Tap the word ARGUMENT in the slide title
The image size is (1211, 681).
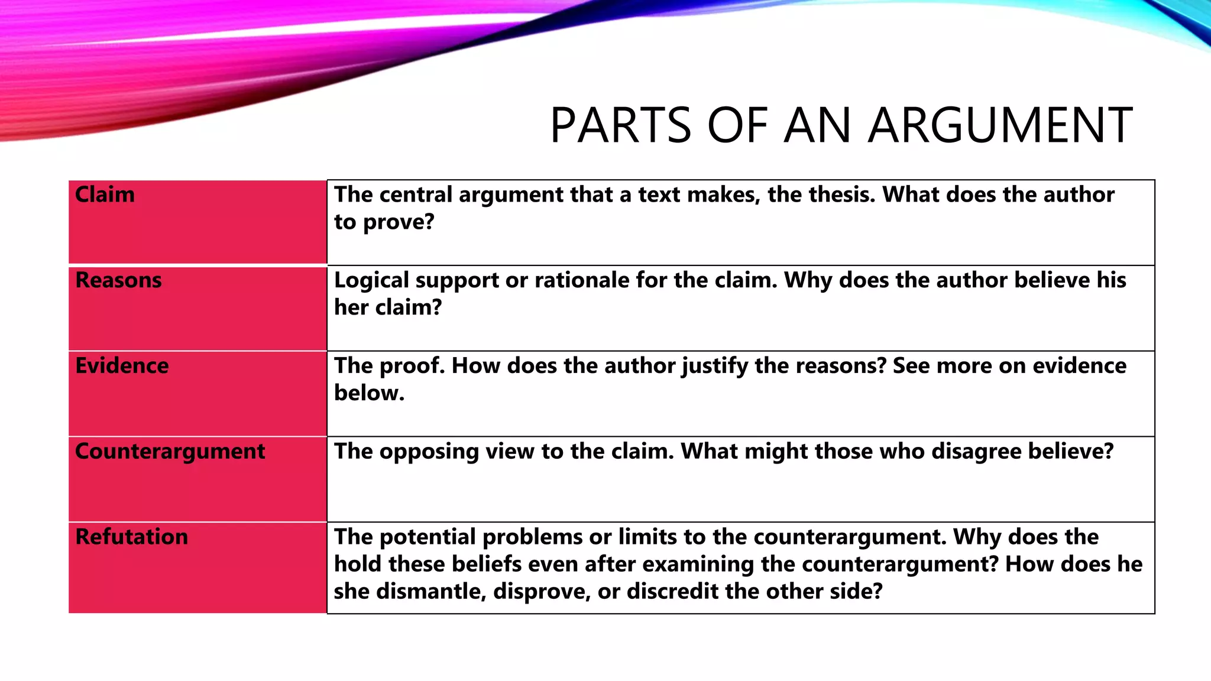1000,125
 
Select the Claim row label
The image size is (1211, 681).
105,194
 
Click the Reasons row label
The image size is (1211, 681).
118,280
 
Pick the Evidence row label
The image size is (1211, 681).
122,366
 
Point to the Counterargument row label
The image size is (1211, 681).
170,452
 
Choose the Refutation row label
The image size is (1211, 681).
131,537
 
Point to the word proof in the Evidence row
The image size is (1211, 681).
412,366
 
